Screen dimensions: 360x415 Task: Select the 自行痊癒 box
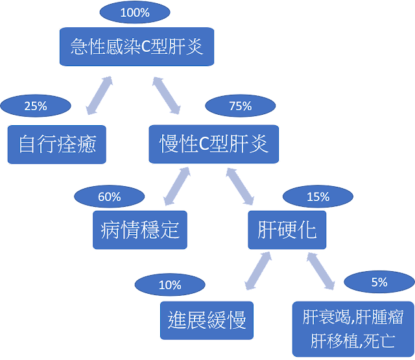(57, 144)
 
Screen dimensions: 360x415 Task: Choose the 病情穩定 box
(140, 230)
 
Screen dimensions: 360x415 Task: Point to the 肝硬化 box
(287, 230)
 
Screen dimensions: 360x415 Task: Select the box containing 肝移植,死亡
(353, 328)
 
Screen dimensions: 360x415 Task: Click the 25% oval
(36, 106)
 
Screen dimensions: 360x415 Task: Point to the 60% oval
(109, 197)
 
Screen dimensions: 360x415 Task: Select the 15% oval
(318, 197)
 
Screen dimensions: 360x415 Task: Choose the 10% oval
(170, 285)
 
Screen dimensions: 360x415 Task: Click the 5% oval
(379, 282)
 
